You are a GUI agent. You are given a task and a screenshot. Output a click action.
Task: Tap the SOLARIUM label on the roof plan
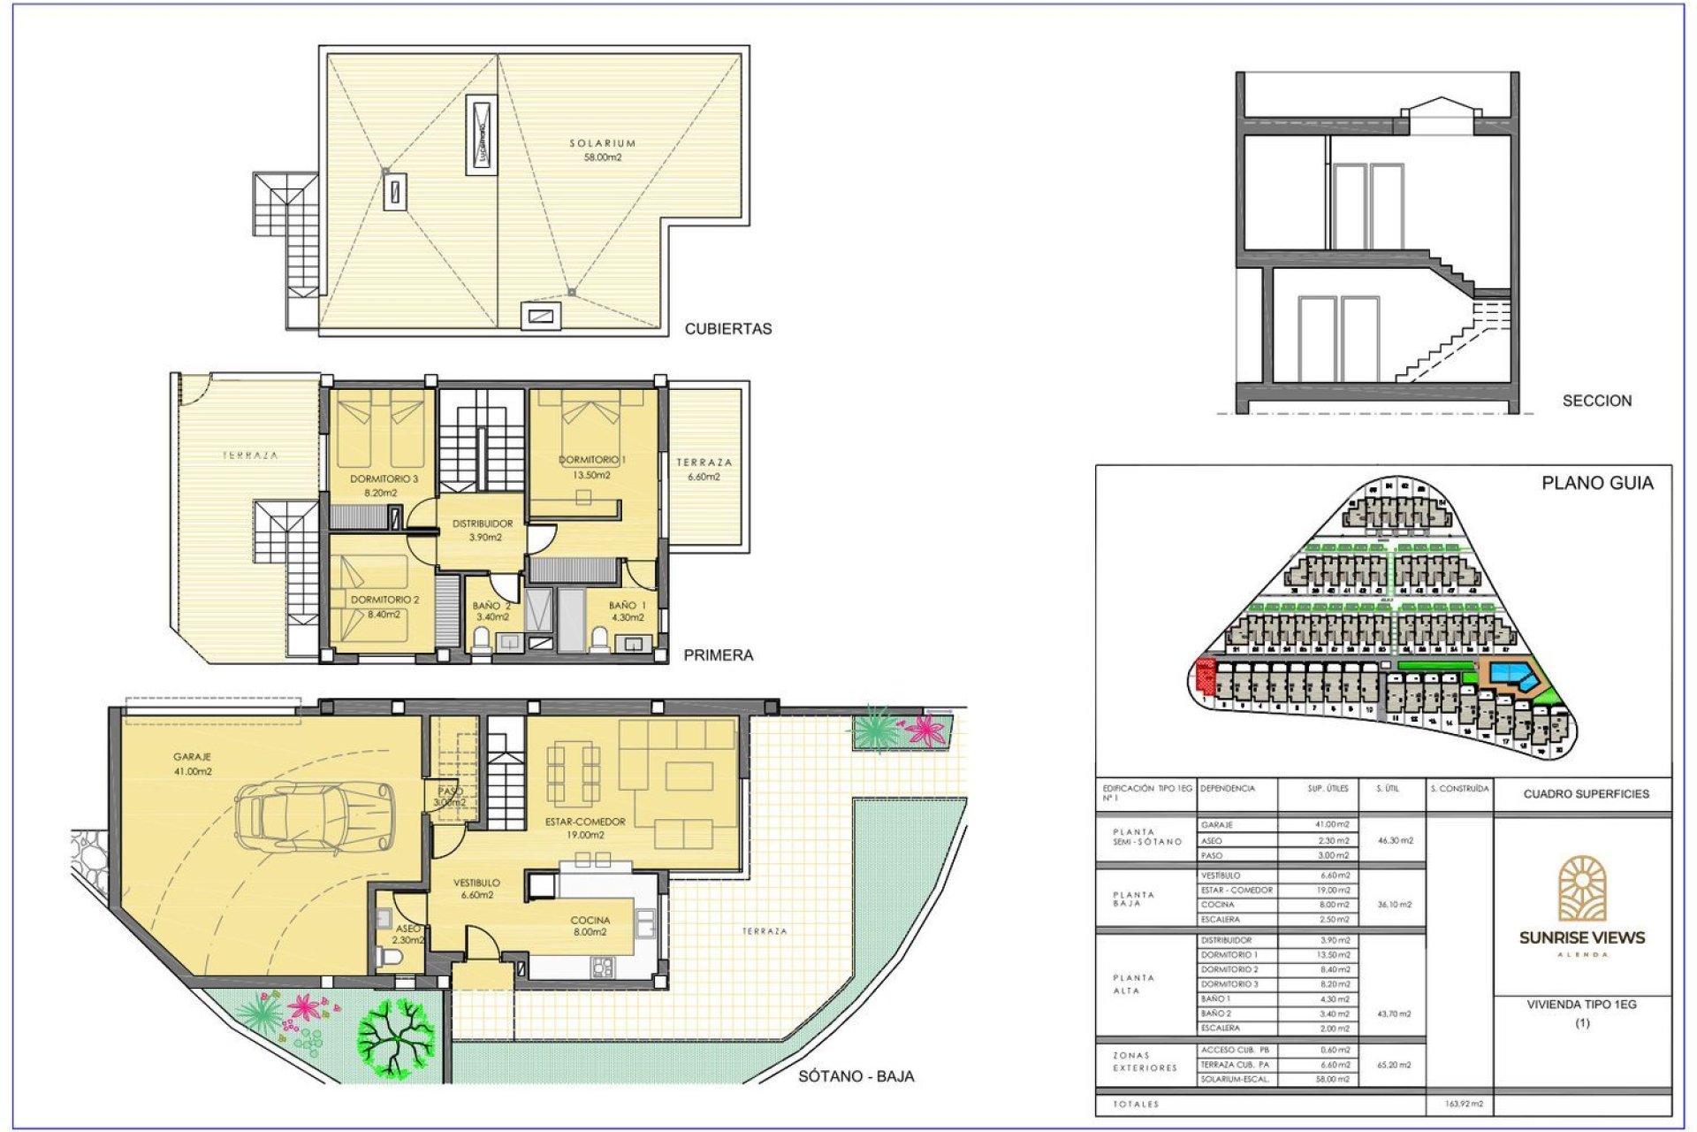[602, 143]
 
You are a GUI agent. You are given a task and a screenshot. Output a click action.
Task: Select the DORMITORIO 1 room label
[591, 460]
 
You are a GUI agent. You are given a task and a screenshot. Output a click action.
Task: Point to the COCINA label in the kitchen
[590, 921]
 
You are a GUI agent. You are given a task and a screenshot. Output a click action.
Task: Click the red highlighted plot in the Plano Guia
[1204, 676]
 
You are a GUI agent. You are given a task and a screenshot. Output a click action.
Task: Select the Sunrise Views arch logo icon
[1582, 888]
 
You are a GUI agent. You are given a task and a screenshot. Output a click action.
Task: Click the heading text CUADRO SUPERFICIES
[1586, 794]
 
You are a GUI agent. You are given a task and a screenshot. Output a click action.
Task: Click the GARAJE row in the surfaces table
[1237, 824]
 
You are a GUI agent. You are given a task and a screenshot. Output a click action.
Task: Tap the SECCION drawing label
[1596, 401]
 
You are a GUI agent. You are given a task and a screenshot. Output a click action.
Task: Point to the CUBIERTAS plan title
[728, 329]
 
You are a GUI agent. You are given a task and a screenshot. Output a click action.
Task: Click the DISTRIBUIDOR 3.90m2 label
[483, 530]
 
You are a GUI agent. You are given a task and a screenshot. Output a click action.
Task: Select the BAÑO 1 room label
[627, 606]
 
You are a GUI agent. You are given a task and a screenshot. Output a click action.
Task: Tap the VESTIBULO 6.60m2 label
[477, 888]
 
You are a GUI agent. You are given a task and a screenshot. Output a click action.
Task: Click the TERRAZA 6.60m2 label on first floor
[704, 469]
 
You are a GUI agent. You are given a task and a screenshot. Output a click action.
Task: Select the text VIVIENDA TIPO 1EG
[1581, 1005]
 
